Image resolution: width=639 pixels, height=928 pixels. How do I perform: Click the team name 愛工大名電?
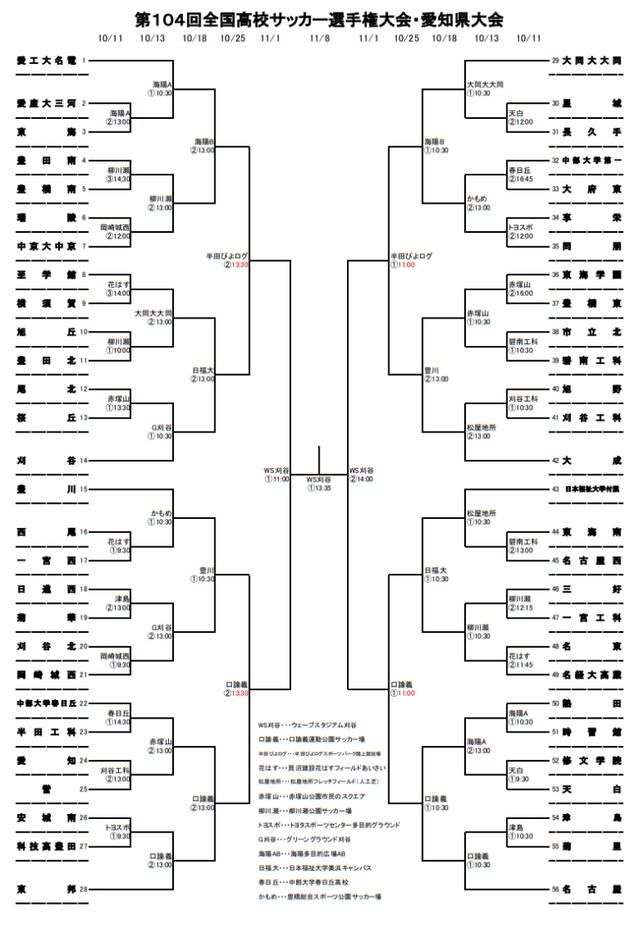pyautogui.click(x=47, y=61)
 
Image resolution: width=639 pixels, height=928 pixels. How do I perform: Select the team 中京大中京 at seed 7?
pyautogui.click(x=47, y=246)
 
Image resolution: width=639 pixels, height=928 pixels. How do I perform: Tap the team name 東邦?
pyautogui.click(x=47, y=889)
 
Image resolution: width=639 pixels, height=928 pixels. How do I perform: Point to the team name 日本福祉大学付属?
pyautogui.click(x=592, y=489)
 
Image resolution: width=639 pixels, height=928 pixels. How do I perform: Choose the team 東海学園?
pyautogui.click(x=592, y=274)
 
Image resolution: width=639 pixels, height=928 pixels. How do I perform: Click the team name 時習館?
pyautogui.click(x=592, y=732)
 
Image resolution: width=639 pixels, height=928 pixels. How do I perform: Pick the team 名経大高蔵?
pyautogui.click(x=592, y=674)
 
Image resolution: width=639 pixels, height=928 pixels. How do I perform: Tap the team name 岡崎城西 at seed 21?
pyautogui.click(x=47, y=674)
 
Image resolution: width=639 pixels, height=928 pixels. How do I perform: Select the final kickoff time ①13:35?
pyautogui.click(x=319, y=488)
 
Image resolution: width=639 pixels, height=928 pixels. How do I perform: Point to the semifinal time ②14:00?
pyautogui.click(x=362, y=479)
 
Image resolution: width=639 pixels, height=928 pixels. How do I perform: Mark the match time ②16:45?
pyautogui.click(x=521, y=179)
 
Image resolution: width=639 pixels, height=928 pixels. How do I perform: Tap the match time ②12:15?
pyautogui.click(x=521, y=608)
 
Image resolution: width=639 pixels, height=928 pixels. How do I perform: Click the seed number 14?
pyautogui.click(x=83, y=460)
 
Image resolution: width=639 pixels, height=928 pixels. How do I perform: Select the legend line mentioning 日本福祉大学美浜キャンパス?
pyautogui.click(x=315, y=868)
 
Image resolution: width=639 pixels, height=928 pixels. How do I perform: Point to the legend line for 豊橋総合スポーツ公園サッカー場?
pyautogui.click(x=319, y=896)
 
